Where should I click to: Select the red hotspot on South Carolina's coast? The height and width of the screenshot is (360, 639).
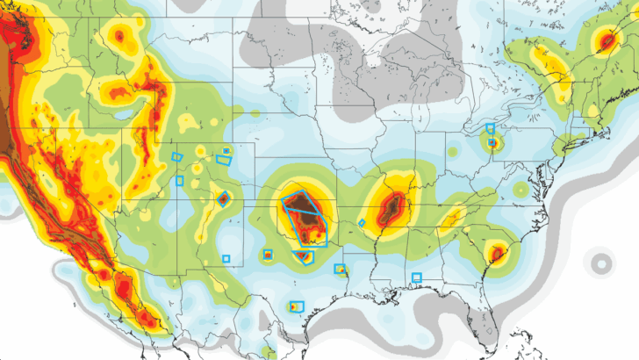tap(497, 254)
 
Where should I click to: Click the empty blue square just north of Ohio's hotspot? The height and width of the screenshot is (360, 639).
tap(491, 128)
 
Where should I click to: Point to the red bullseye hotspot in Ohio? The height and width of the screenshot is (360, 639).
tap(493, 141)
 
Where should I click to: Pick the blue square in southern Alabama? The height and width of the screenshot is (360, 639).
tap(417, 277)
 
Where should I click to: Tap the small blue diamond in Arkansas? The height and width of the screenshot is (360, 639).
tap(362, 223)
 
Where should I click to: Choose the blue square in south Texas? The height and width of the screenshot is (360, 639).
tap(295, 307)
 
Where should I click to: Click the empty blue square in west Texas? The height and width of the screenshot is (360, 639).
tap(226, 258)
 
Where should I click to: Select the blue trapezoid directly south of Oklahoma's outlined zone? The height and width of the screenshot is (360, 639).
tap(304, 256)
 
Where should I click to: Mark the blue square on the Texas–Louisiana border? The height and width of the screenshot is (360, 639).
tap(340, 269)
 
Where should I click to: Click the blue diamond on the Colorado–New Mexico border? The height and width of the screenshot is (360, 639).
tap(222, 198)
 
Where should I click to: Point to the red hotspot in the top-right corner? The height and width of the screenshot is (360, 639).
tap(607, 40)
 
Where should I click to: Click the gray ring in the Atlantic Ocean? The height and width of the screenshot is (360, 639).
tap(601, 263)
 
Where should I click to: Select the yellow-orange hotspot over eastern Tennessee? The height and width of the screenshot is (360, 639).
tap(454, 216)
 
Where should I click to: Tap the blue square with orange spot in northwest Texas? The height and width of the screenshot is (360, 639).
tap(268, 256)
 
